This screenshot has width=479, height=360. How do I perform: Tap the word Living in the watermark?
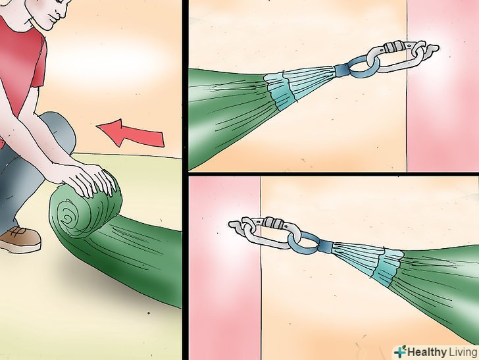point(463,352)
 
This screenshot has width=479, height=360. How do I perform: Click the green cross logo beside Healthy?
point(400,351)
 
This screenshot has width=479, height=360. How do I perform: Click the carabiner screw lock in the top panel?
point(394,47)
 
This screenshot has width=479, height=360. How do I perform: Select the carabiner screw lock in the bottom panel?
point(273,222)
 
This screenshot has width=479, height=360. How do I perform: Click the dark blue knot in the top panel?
point(341,71)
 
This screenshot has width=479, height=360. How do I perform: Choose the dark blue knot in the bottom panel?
point(326,246)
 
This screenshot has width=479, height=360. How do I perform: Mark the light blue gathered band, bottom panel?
point(388,267)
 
